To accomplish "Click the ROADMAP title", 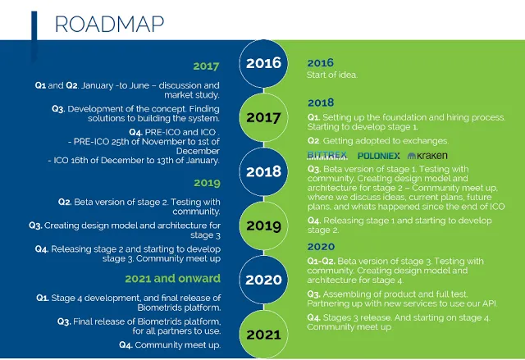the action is [109, 24].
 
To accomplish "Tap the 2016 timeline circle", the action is [263, 63].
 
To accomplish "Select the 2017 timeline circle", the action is [263, 117].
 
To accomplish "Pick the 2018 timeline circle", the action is [263, 171].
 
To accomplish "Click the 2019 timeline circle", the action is [263, 226].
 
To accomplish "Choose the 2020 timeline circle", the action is [263, 280].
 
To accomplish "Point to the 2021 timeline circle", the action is [263, 335].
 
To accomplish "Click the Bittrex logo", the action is [327, 155].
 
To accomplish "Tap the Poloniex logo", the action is [379, 156].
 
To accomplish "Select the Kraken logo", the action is [427, 156].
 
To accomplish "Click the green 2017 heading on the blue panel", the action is [206, 66].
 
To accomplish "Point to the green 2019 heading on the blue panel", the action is [207, 183].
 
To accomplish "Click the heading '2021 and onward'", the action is [173, 278].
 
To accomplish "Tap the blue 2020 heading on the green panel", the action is [321, 247].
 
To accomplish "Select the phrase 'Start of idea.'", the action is [332, 75].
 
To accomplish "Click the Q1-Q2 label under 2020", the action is [322, 262].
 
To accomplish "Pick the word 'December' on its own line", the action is [198, 151].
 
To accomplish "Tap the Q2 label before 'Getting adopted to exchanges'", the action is [313, 141].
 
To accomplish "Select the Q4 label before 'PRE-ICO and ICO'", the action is [135, 133].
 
